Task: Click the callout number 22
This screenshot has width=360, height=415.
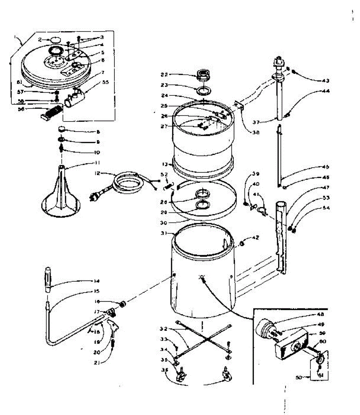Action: pyautogui.click(x=164, y=74)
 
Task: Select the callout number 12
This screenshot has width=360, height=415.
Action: pyautogui.click(x=98, y=173)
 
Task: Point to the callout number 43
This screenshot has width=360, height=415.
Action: pyautogui.click(x=325, y=81)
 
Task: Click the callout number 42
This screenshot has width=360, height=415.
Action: pyautogui.click(x=256, y=238)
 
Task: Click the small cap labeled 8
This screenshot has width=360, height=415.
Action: pyautogui.click(x=62, y=129)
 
